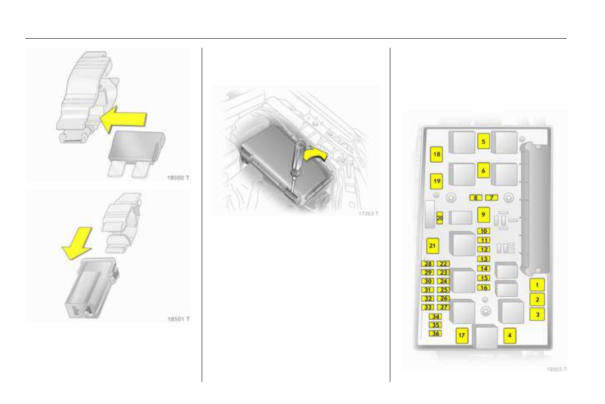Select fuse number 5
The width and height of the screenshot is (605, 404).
click(x=483, y=142)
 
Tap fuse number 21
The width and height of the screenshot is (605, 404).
click(x=432, y=246)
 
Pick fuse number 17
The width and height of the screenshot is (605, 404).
click(x=462, y=336)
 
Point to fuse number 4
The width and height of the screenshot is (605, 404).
click(x=510, y=336)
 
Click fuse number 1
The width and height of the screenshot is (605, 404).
click(x=537, y=285)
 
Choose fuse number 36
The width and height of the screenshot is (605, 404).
click(x=435, y=333)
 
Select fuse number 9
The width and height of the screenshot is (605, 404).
click(x=483, y=214)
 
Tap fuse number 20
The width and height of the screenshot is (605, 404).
click(x=440, y=218)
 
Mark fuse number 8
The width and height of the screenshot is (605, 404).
click(x=476, y=198)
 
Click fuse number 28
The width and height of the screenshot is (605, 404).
click(x=428, y=264)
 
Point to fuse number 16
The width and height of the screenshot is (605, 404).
click(x=484, y=288)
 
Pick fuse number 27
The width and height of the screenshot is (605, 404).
click(x=444, y=307)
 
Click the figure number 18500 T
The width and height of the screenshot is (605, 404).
click(x=178, y=177)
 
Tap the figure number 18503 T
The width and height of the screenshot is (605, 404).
click(x=556, y=369)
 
